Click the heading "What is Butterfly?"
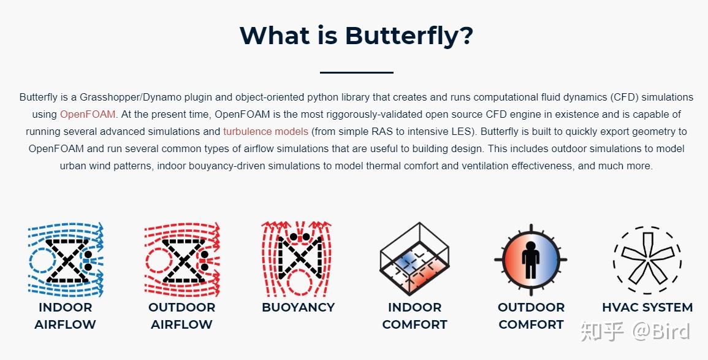pyautogui.click(x=356, y=35)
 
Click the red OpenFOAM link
pyautogui.click(x=88, y=114)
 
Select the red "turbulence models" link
pyautogui.click(x=265, y=131)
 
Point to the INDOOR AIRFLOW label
pyautogui.click(x=65, y=316)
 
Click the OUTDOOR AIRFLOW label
pyautogui.click(x=182, y=316)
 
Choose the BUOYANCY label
pyautogui.click(x=299, y=307)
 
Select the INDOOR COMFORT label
pyautogui.click(x=414, y=316)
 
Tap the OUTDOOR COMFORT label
pyautogui.click(x=531, y=316)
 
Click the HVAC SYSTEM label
pyautogui.click(x=647, y=307)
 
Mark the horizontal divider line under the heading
pyautogui.click(x=356, y=72)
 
